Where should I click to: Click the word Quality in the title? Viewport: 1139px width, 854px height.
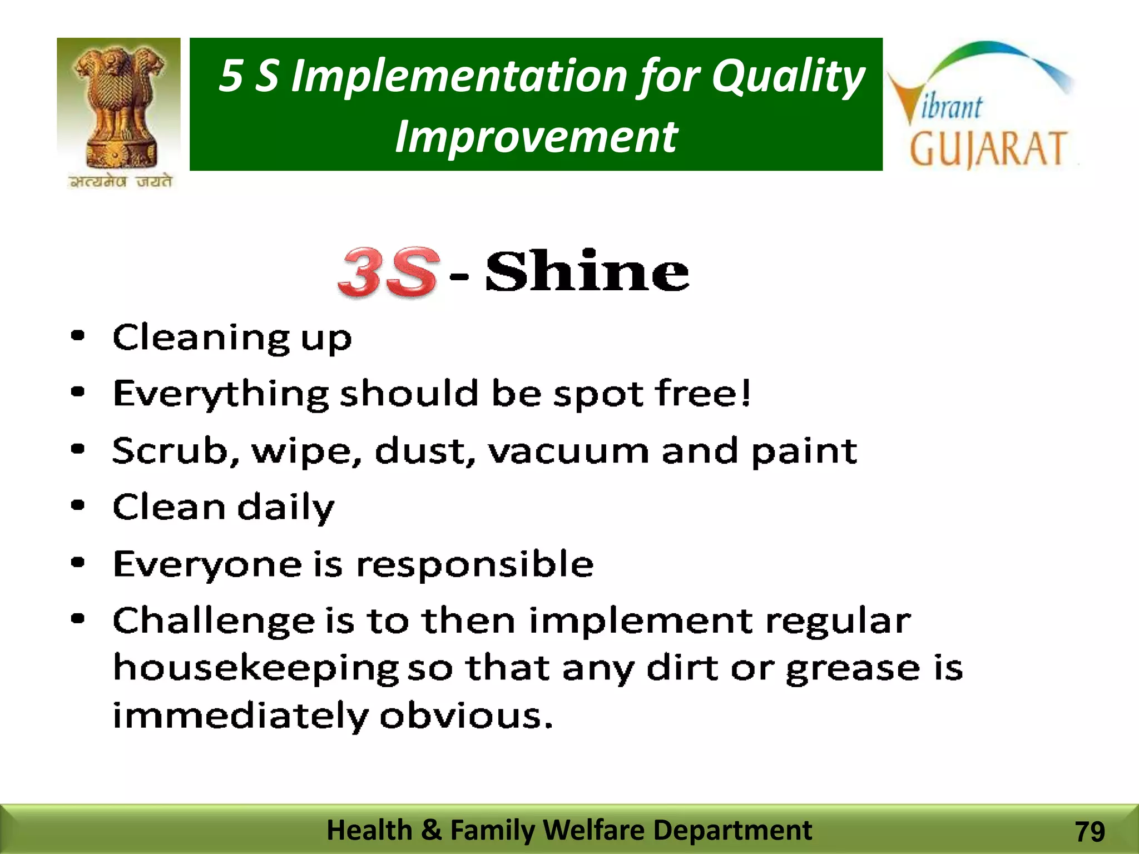[x=788, y=76]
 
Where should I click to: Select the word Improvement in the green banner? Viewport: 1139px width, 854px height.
[x=536, y=137]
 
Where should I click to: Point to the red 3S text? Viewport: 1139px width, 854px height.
[x=387, y=272]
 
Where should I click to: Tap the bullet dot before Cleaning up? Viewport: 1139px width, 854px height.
[x=78, y=336]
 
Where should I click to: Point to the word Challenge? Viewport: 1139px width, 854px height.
[x=214, y=622]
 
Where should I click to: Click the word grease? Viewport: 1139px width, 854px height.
[x=853, y=668]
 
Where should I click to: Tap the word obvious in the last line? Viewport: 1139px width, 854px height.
[x=466, y=715]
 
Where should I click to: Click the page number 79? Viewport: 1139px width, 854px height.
[x=1090, y=832]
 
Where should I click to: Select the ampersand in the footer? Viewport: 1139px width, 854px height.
[x=431, y=830]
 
